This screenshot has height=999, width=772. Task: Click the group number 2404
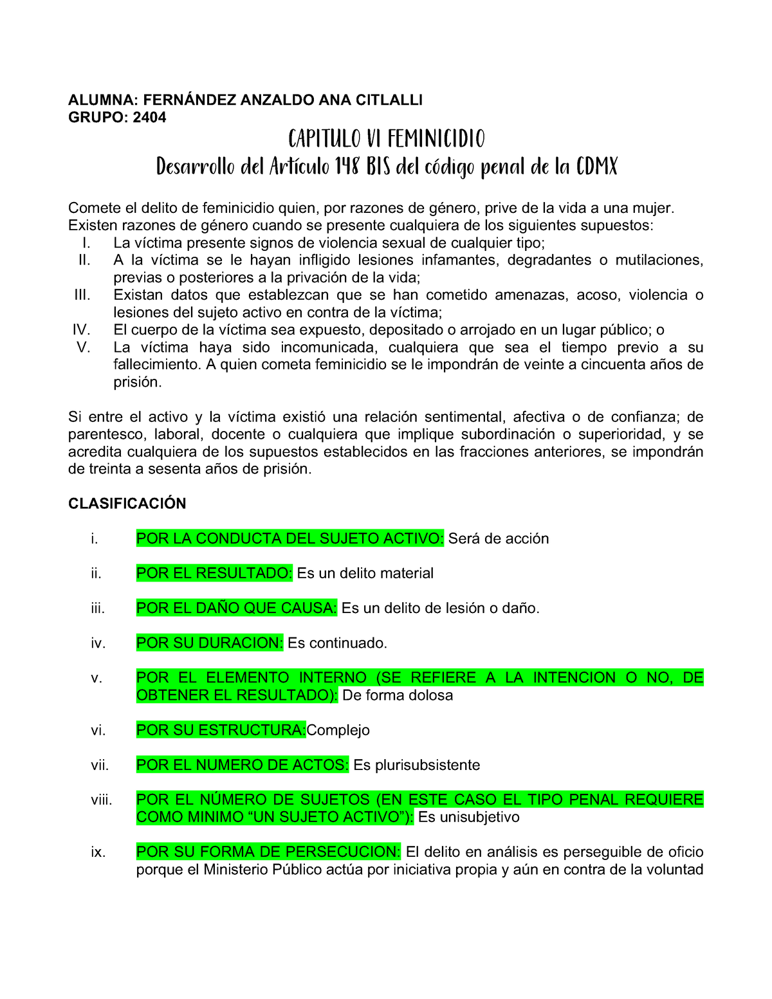pyautogui.click(x=149, y=117)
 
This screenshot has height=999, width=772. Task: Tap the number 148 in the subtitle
pyautogui.click(x=347, y=167)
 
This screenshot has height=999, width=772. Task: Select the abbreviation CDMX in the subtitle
pyautogui.click(x=596, y=167)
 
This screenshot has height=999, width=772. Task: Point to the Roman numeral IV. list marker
pyautogui.click(x=81, y=330)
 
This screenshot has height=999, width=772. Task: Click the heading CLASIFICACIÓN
pyautogui.click(x=127, y=504)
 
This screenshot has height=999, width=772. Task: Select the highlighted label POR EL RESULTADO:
pyautogui.click(x=215, y=573)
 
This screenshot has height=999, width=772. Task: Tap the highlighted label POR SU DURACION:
pyautogui.click(x=210, y=643)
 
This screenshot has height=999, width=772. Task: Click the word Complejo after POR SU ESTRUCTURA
pyautogui.click(x=338, y=730)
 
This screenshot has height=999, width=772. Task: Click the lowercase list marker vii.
pyautogui.click(x=100, y=765)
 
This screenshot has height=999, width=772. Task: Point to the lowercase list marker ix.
pyautogui.click(x=98, y=852)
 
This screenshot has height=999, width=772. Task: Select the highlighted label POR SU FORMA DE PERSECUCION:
pyautogui.click(x=268, y=852)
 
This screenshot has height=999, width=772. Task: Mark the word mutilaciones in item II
pyautogui.click(x=658, y=260)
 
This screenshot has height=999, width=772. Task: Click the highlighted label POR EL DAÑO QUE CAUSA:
pyautogui.click(x=237, y=608)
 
